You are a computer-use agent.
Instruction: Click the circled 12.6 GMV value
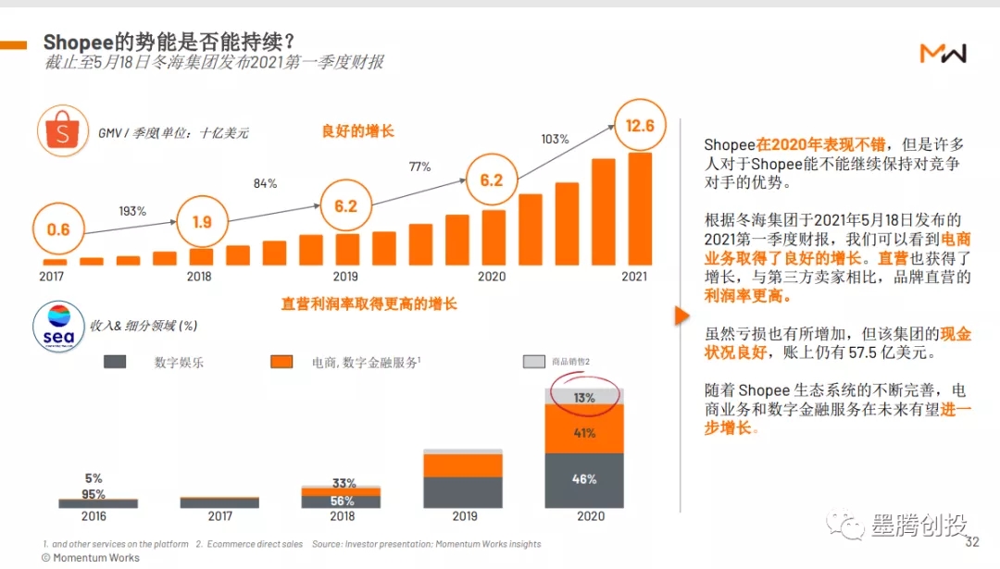tap(641, 126)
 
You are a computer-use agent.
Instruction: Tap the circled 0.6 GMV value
tap(58, 229)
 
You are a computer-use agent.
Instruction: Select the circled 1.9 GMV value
tap(202, 222)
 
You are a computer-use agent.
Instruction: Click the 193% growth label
tap(132, 211)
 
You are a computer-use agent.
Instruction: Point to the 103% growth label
tap(554, 139)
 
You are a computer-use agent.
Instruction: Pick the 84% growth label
tap(265, 183)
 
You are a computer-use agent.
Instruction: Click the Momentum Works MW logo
tap(943, 54)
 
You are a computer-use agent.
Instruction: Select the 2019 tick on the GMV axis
tap(345, 276)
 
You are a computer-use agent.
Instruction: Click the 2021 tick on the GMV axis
tap(634, 276)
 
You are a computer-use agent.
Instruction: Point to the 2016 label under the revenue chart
tap(94, 516)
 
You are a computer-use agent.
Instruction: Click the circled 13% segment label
tap(583, 398)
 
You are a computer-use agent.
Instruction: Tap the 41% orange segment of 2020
tap(584, 432)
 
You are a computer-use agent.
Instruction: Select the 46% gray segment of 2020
tap(584, 479)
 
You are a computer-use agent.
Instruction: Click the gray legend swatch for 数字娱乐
tap(115, 362)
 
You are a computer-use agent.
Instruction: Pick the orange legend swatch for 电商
tap(281, 362)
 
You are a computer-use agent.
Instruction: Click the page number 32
tap(971, 542)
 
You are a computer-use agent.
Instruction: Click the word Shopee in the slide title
tap(78, 42)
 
